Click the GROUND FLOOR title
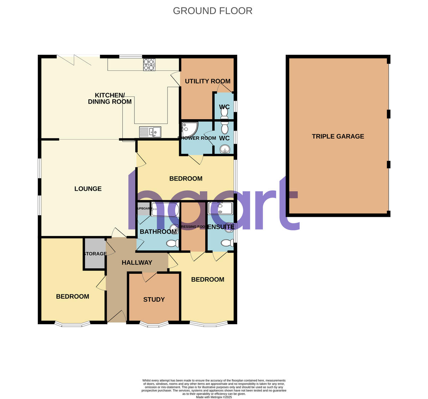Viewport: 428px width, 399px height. click(x=213, y=11)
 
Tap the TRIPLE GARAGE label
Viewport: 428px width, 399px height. click(x=338, y=136)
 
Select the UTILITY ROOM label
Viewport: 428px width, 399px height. click(x=207, y=81)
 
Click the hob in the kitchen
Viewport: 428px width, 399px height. click(x=149, y=64)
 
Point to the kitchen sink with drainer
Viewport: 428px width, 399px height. click(x=150, y=132)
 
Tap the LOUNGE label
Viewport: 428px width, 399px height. click(x=88, y=189)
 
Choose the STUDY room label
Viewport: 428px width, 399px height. click(x=154, y=299)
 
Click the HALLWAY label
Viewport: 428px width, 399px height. click(x=137, y=263)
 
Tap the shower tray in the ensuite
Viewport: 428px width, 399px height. click(x=220, y=208)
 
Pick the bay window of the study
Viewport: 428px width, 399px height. click(x=153, y=324)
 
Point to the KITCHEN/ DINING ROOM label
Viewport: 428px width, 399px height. click(x=109, y=98)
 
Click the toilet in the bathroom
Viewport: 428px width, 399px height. click(x=173, y=243)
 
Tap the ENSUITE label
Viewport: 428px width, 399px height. click(x=221, y=227)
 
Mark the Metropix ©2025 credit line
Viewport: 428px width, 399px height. click(x=214, y=397)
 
